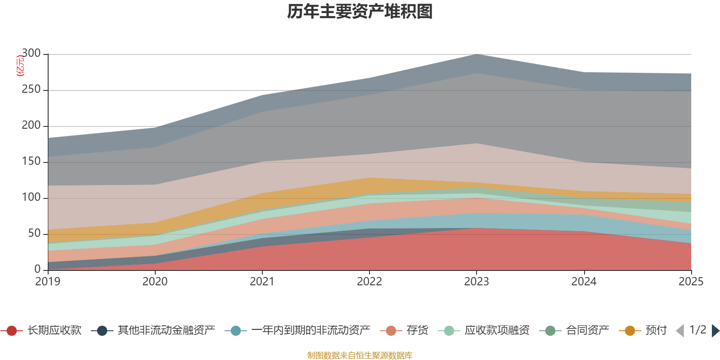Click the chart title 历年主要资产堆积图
pos(360,12)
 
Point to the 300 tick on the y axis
pos(31,54)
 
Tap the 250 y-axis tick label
pos(31,90)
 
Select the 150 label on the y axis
pos(31,162)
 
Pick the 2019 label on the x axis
pos(48,282)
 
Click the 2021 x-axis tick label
pos(262,282)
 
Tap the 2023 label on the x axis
pos(477,282)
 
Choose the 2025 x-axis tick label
pos(691,282)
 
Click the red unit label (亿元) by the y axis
pos(20,66)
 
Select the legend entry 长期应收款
pos(54,331)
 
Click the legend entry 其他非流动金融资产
pos(166,331)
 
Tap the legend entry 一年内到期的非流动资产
pos(310,331)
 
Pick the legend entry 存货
pos(417,331)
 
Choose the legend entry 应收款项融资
pos(497,331)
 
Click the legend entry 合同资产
pos(587,331)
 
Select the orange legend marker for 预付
pos(630,331)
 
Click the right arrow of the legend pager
pos(715,331)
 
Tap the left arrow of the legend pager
pos(680,331)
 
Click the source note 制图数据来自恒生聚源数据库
pos(360,355)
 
